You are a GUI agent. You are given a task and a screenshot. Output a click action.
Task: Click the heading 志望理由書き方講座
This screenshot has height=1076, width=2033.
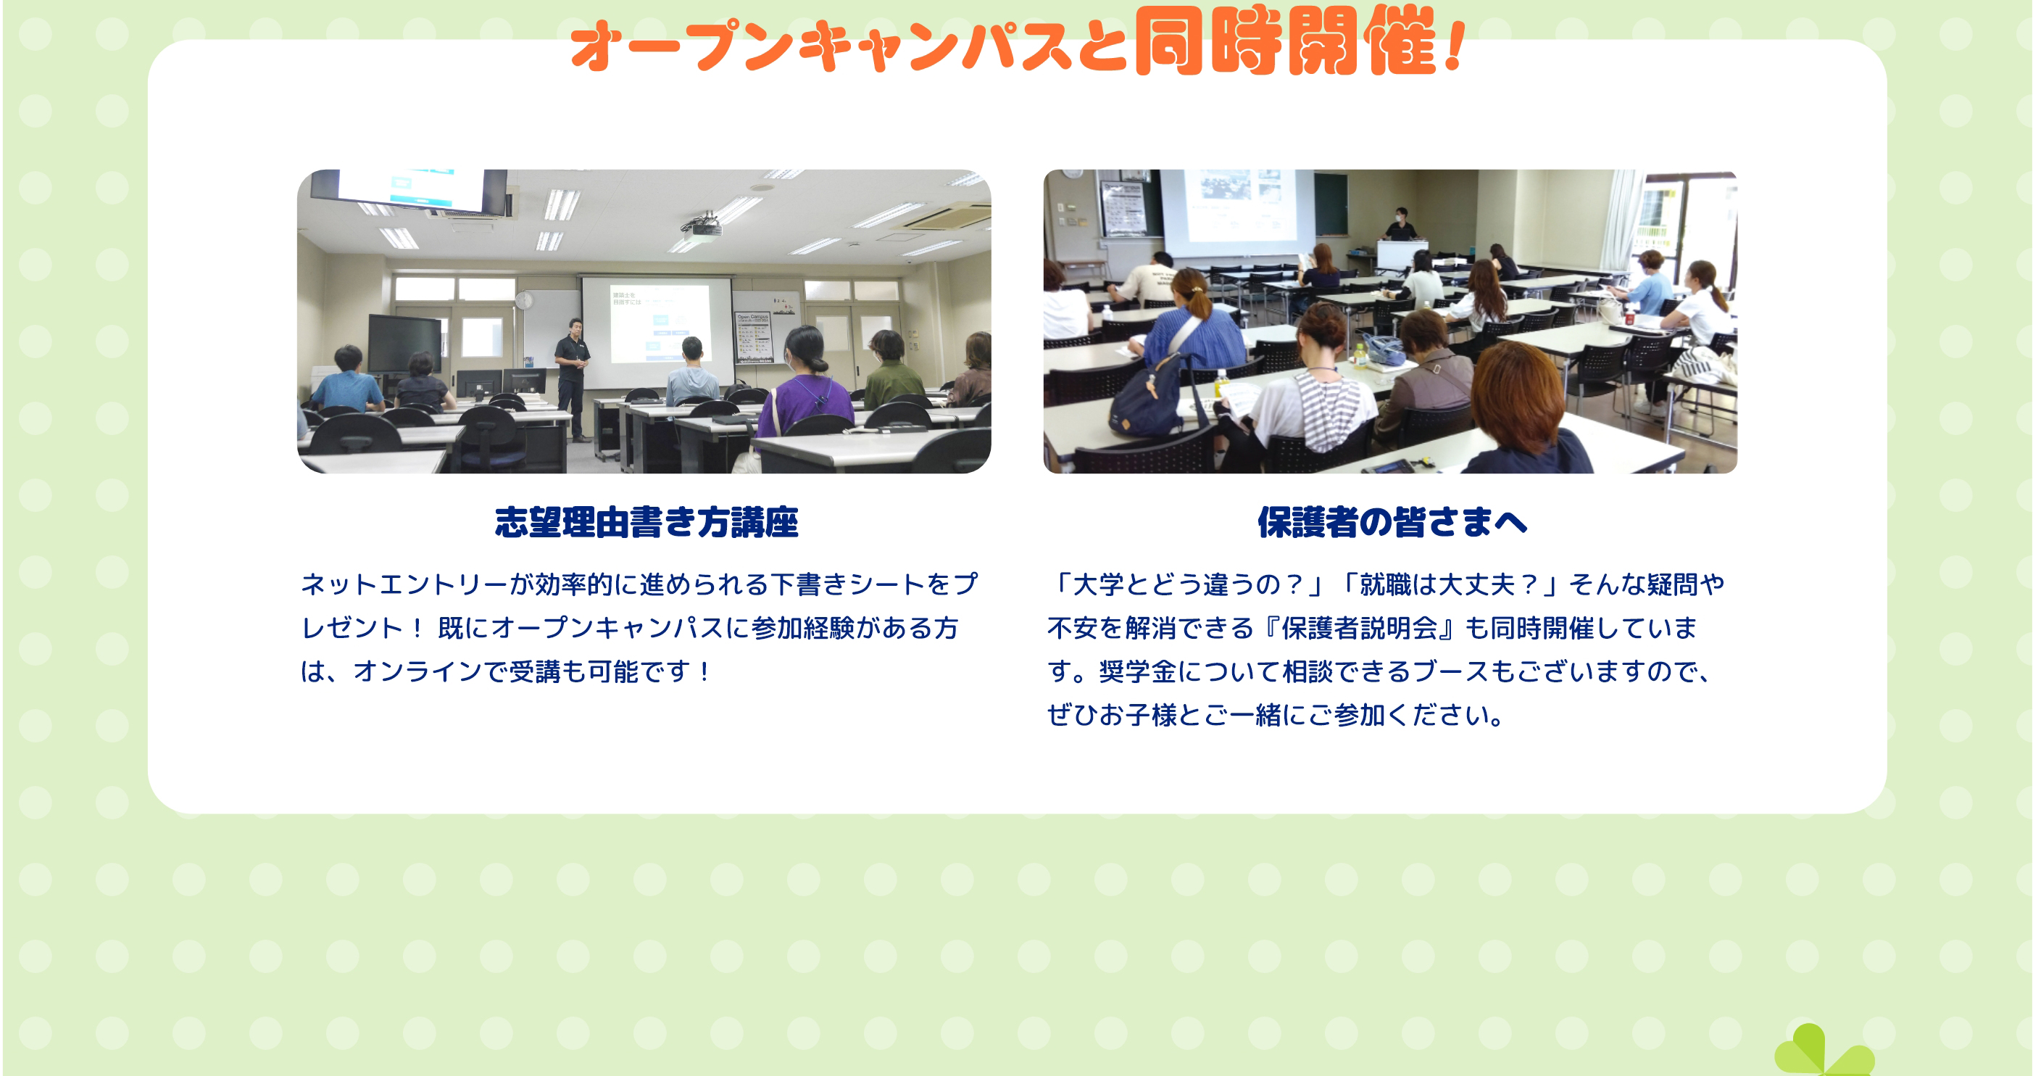click(x=647, y=523)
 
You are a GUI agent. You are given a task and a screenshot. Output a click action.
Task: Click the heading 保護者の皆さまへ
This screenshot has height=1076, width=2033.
click(x=1392, y=523)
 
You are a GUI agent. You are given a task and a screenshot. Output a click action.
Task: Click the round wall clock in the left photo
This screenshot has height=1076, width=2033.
click(x=524, y=301)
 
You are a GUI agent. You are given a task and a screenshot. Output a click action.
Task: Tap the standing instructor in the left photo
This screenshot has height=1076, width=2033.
click(x=573, y=377)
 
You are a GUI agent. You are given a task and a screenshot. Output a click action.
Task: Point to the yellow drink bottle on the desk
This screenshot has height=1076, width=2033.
click(x=1222, y=385)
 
